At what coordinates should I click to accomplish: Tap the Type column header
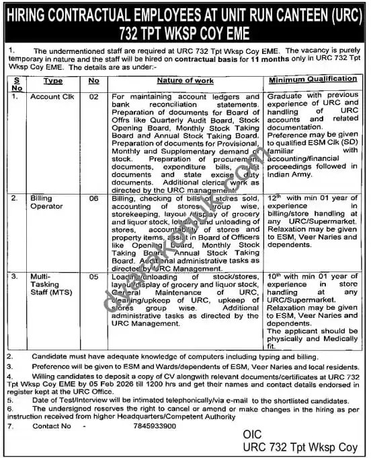[53, 81]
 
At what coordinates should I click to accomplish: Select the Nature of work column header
[185, 81]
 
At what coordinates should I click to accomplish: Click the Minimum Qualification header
[313, 80]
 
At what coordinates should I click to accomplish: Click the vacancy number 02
[94, 97]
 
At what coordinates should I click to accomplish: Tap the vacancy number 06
[94, 199]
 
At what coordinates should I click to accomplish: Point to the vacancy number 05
[94, 276]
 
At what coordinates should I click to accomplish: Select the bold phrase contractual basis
[200, 59]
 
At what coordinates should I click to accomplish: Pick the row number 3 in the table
[13, 276]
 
